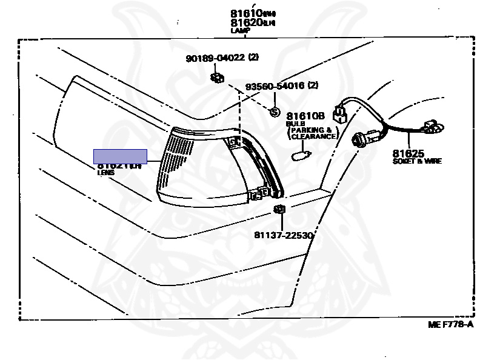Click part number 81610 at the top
[x=245, y=13]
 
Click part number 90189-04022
[x=215, y=58]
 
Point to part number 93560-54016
[x=275, y=86]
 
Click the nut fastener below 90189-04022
[x=215, y=77]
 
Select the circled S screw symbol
[x=273, y=112]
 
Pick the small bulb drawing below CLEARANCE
[x=301, y=156]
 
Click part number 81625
[x=408, y=153]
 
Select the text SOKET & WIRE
[x=416, y=161]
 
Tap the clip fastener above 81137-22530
[x=279, y=210]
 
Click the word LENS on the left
[x=106, y=173]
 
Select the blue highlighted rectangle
[x=120, y=156]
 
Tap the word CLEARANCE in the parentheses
[x=313, y=137]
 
